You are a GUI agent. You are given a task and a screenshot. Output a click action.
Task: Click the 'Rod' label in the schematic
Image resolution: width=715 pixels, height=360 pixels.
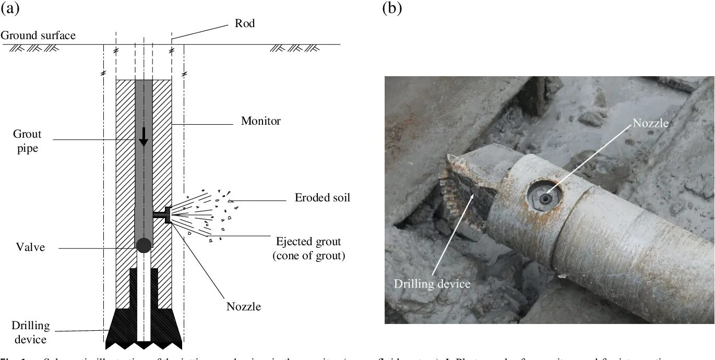[x=245, y=23]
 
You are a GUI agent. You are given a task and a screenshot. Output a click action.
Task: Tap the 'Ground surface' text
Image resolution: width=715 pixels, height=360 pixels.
[x=38, y=35]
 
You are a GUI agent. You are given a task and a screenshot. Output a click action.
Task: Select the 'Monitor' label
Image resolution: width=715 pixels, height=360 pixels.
[x=260, y=121]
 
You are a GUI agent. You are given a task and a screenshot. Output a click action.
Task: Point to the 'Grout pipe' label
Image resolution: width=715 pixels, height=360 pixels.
[x=27, y=141]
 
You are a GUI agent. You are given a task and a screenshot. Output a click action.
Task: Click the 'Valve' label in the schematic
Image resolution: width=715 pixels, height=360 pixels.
[x=30, y=247]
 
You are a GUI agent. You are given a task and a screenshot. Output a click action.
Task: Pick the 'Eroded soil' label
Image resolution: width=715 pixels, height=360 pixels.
[x=322, y=198]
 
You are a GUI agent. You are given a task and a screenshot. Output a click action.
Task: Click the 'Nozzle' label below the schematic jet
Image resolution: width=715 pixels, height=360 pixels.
[x=244, y=306]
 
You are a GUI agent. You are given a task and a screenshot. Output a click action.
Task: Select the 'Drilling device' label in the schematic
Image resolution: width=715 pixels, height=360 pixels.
[x=31, y=332]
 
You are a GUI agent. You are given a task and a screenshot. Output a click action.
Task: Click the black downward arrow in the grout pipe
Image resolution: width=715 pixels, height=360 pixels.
[x=144, y=138]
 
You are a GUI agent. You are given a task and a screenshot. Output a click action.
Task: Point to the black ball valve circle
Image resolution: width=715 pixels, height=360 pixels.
[x=144, y=244]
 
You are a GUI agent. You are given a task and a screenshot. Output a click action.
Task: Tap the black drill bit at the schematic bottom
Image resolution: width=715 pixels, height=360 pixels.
[x=144, y=329]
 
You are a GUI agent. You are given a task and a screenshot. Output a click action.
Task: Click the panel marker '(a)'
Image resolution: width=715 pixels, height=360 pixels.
[x=10, y=8]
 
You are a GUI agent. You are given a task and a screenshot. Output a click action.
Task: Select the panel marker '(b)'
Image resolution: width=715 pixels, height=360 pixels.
[x=392, y=8]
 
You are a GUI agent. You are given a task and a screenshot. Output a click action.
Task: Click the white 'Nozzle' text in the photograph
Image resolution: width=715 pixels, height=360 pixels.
[x=650, y=123]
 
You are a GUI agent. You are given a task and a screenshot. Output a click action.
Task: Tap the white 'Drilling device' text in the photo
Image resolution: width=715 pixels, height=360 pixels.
[x=432, y=284]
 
